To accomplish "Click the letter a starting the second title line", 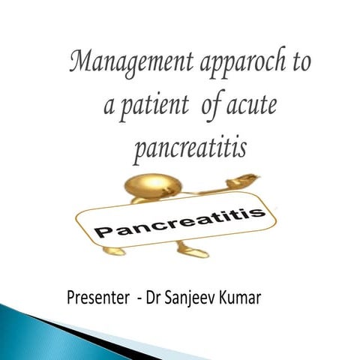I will (107, 106).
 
